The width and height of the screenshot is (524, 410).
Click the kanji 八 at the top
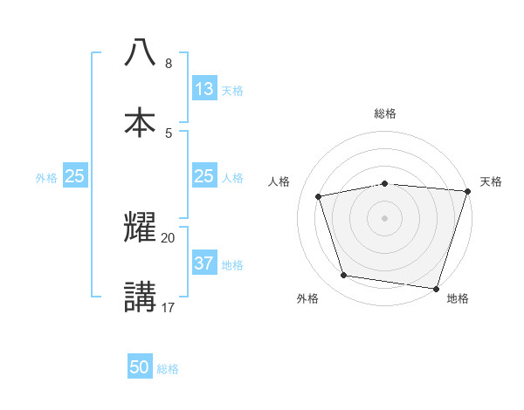(x=140, y=52)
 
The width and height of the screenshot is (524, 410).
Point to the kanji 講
(x=140, y=297)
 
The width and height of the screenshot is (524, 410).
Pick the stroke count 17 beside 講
(x=168, y=307)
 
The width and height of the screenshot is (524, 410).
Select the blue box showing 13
(x=203, y=89)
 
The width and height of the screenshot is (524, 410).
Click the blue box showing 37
(x=203, y=263)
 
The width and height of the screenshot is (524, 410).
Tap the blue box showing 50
(x=140, y=367)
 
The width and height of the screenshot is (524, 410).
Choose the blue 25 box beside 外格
(x=74, y=176)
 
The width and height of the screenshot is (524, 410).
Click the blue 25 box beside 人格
(x=203, y=176)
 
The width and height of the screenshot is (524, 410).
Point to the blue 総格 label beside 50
(x=168, y=369)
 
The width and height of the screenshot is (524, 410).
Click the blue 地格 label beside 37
(x=232, y=264)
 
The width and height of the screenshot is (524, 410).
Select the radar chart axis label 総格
(x=384, y=113)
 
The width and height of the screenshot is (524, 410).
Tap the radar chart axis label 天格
(x=491, y=181)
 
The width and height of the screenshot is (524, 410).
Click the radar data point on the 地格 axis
(x=436, y=288)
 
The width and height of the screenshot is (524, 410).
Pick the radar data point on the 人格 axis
(x=319, y=196)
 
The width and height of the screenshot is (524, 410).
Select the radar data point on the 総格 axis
(x=384, y=183)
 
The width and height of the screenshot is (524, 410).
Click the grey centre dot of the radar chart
(x=384, y=217)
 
